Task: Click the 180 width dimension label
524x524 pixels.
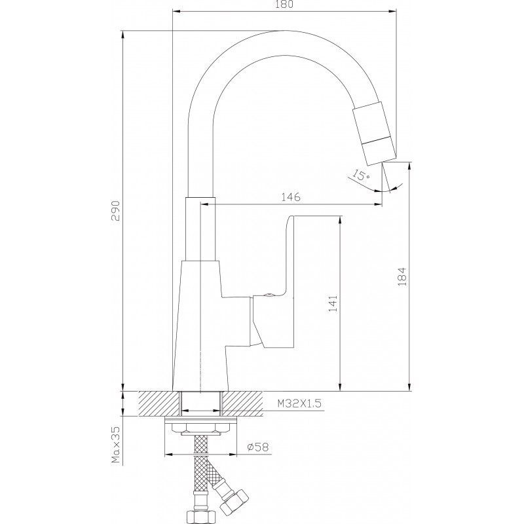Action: (285, 4)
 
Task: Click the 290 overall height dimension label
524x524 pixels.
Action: (116, 211)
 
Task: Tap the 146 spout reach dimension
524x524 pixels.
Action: (290, 197)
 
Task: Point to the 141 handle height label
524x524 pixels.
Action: (333, 303)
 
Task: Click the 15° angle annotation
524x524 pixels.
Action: (360, 174)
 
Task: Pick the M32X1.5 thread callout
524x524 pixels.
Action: (299, 403)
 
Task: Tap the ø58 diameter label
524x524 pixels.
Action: (257, 447)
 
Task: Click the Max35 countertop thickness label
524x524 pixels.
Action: (116, 445)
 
